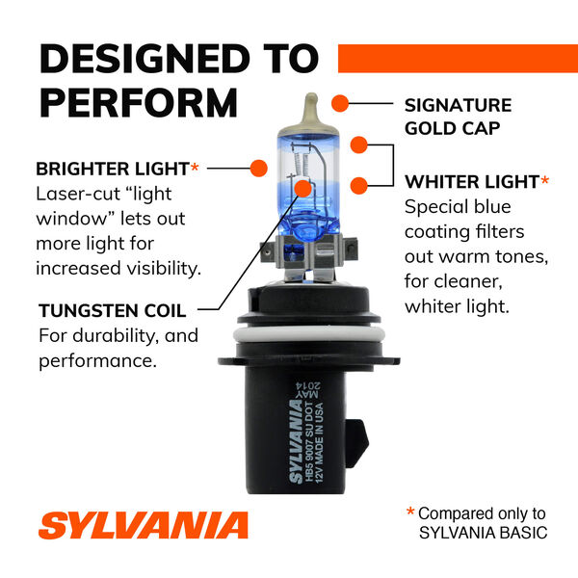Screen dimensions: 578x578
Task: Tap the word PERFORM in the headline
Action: click(138, 102)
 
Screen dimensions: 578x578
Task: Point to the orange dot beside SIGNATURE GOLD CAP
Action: click(339, 102)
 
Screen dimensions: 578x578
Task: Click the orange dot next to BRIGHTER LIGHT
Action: click(258, 169)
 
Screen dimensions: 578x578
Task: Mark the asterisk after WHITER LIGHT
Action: click(545, 179)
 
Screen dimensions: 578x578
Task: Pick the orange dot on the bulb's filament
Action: click(303, 188)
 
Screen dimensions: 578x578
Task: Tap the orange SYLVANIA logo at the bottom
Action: click(144, 526)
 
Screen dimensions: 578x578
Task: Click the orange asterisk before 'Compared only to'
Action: click(410, 513)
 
